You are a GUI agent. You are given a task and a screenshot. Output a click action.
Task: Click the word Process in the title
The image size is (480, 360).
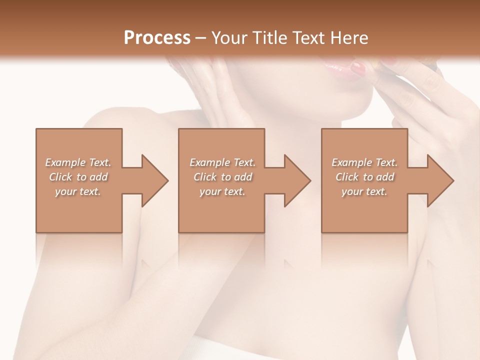click(157, 37)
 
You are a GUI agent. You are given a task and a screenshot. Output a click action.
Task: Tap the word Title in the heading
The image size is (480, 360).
click(268, 37)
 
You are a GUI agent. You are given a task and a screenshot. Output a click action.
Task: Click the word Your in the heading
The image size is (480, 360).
click(229, 37)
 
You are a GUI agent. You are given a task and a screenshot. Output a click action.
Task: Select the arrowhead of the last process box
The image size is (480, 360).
click(439, 180)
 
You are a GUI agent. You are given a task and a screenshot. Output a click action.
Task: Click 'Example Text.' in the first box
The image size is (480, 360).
click(78, 162)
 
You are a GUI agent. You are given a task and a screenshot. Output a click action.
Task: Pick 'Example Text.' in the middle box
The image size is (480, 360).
click(222, 162)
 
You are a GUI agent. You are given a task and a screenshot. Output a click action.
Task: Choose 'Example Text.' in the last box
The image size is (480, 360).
click(364, 162)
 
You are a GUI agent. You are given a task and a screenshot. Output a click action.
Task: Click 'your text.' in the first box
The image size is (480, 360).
click(78, 191)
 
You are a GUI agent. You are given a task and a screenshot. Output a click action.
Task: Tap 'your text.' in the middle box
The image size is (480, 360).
click(222, 191)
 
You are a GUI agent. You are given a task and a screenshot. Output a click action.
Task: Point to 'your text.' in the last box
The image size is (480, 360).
click(364, 191)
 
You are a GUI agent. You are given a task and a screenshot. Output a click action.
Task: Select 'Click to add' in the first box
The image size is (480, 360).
click(78, 177)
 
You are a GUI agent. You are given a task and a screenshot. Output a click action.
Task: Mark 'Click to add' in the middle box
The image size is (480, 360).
click(222, 177)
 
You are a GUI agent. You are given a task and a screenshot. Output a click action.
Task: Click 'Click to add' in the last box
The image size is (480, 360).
click(364, 177)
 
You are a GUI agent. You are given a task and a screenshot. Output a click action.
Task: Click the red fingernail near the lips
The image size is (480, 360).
click(358, 69)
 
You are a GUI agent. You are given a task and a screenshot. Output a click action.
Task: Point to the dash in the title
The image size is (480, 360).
click(201, 38)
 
